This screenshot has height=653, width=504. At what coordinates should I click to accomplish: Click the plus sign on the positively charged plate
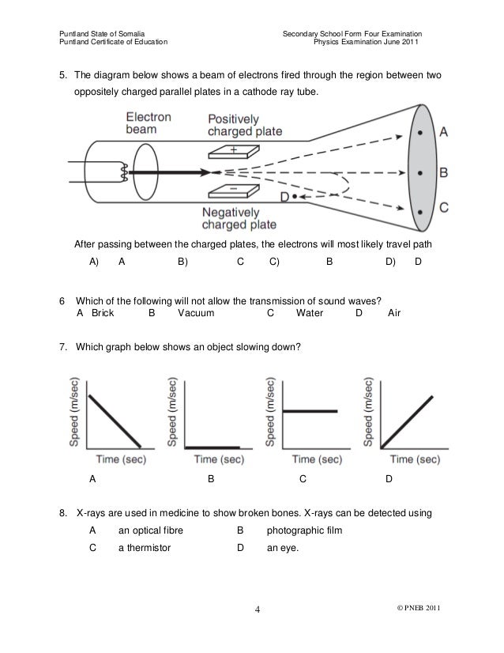coord(234,149)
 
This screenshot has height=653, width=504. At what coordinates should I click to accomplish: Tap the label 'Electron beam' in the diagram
coord(149,123)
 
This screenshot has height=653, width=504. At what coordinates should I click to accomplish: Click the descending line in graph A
coord(115,419)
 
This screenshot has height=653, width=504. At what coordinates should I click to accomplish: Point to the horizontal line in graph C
coord(310,411)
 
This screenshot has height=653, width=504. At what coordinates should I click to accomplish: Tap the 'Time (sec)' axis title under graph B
coord(220,459)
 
